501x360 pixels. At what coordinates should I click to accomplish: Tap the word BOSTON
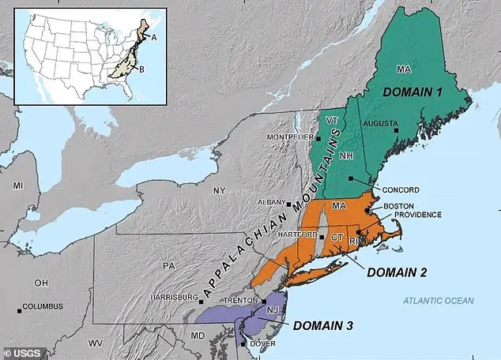pyautogui.click(x=399, y=205)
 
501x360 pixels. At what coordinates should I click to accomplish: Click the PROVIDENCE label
pyautogui.click(x=409, y=215)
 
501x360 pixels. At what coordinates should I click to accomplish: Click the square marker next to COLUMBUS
pyautogui.click(x=19, y=306)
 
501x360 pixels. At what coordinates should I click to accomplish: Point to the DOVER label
pyautogui.click(x=262, y=344)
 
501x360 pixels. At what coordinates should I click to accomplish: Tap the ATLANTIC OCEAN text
pyautogui.click(x=437, y=300)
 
